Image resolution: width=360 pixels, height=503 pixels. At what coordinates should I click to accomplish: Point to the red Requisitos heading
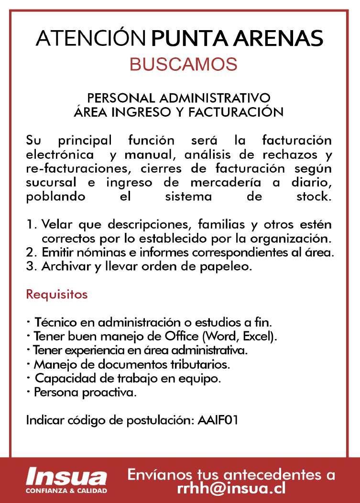pos(56,294)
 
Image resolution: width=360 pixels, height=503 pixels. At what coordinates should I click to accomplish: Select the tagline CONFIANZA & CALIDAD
pos(66,491)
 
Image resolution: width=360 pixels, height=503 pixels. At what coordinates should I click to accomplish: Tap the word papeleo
pos(232,266)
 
